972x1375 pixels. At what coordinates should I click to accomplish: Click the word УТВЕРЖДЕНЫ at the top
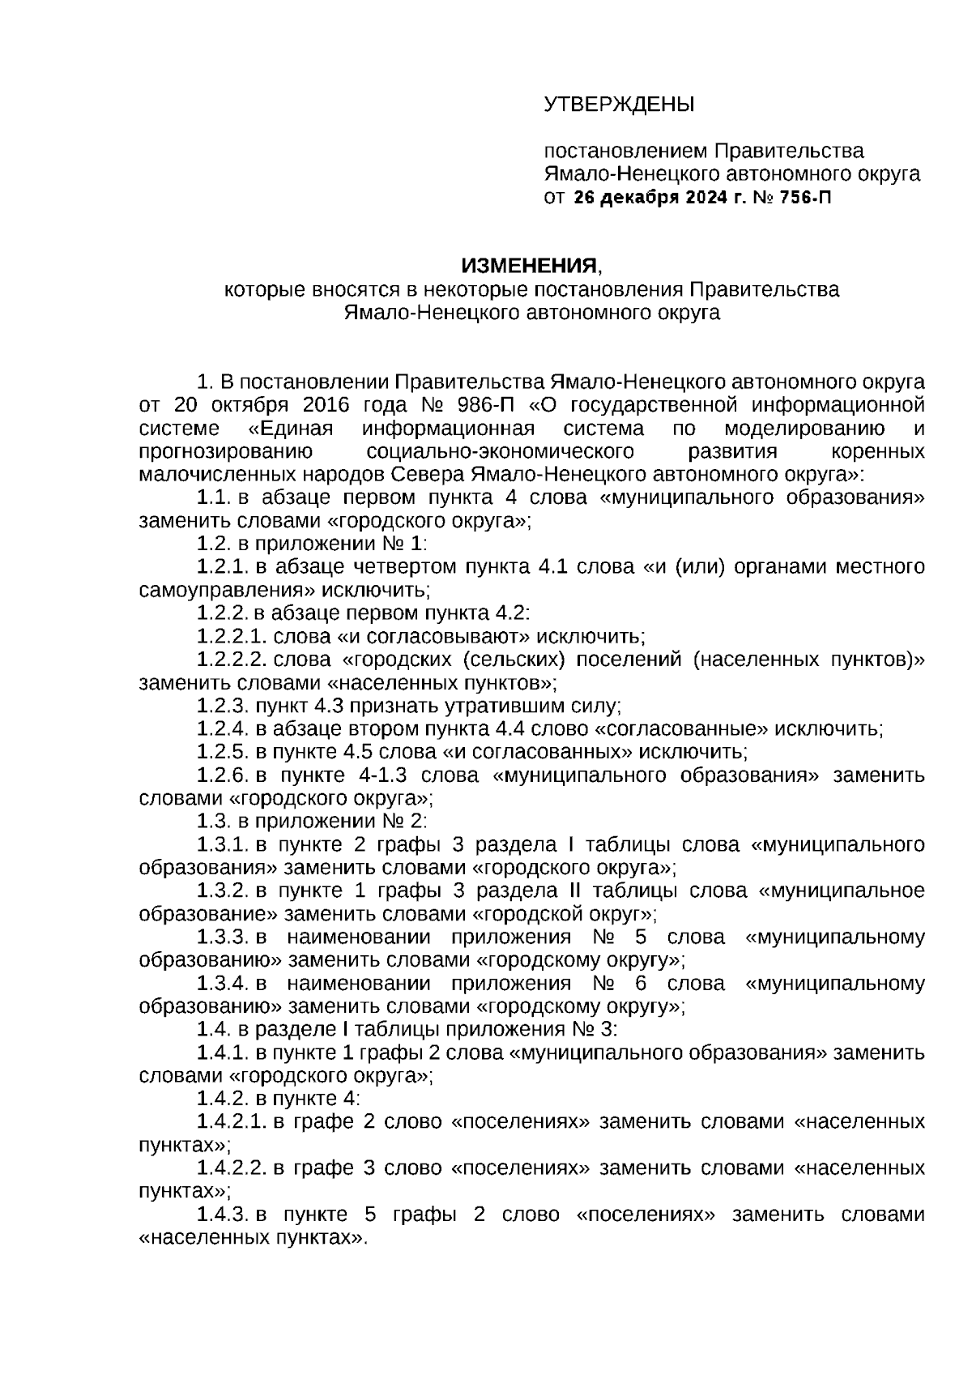coord(619,105)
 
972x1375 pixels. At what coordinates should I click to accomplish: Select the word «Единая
coord(290,428)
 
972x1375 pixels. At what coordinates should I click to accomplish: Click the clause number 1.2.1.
coord(223,566)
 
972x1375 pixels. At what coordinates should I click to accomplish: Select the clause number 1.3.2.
coord(223,891)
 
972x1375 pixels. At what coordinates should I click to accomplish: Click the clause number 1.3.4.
coord(223,984)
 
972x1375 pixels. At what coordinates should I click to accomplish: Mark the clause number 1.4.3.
coord(223,1215)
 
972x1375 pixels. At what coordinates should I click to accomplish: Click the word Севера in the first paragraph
coord(425,474)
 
